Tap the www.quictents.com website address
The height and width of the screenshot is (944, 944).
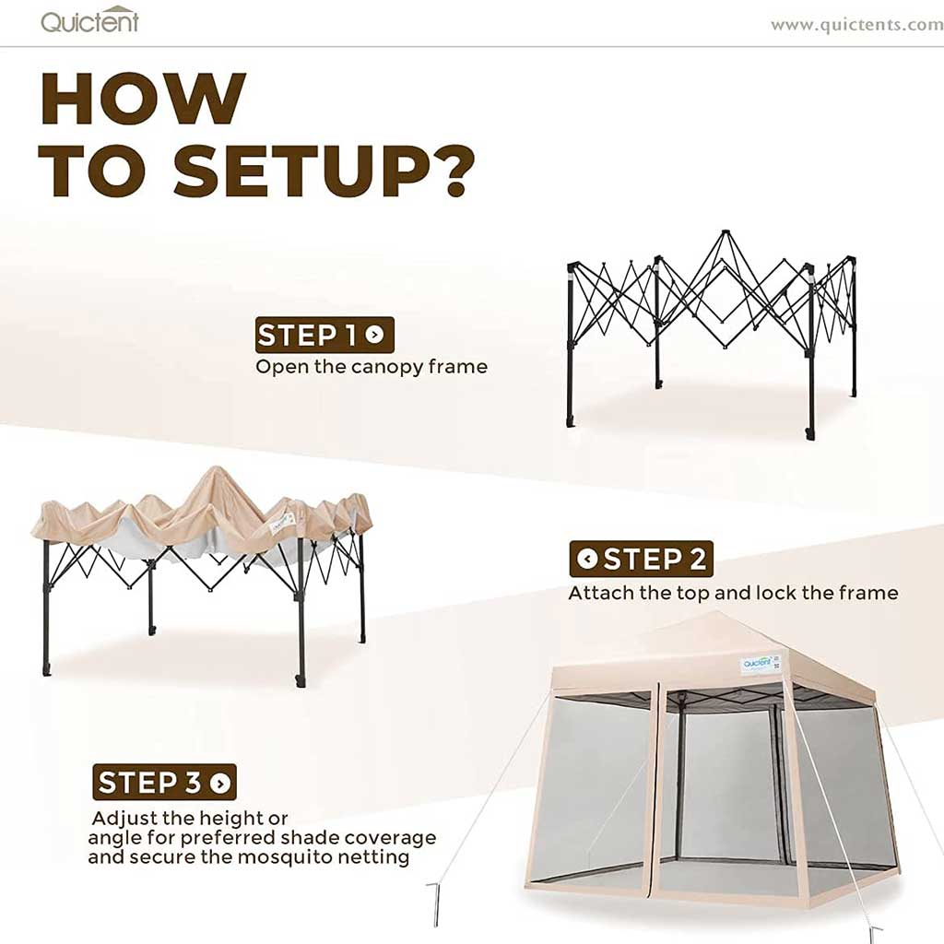[855, 25]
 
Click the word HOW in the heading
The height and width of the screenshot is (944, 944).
[143, 99]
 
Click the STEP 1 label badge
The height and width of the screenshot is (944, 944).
[324, 335]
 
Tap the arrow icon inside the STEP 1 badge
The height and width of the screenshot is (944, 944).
[374, 336]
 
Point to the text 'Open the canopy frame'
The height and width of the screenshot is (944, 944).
[371, 367]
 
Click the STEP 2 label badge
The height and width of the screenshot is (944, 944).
[641, 559]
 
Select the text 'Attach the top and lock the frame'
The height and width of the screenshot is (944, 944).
[733, 593]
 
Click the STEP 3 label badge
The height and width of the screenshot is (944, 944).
[164, 783]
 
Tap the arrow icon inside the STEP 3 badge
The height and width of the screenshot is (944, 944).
[219, 784]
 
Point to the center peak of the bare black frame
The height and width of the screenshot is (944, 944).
[725, 236]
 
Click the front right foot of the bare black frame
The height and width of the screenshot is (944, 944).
[809, 431]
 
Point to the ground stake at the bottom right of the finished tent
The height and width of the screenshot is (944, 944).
[874, 933]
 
